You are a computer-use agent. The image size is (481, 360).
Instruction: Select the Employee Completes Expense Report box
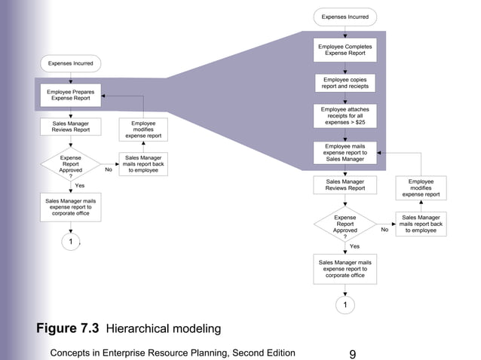coord(345,50)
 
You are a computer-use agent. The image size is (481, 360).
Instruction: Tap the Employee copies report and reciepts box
coord(345,83)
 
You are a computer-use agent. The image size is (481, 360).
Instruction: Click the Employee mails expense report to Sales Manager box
coord(345,151)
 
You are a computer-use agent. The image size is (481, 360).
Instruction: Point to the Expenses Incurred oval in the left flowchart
coord(70,63)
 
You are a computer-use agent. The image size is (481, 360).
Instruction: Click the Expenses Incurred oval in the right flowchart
coord(345,16)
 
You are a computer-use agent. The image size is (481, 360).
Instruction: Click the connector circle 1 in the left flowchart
coord(70,242)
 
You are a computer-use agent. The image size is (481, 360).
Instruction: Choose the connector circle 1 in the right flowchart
coord(345,305)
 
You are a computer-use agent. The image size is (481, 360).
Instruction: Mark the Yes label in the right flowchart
coord(354,246)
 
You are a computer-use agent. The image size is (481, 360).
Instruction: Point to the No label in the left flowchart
coord(109,170)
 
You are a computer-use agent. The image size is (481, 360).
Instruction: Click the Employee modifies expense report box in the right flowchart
coord(421,188)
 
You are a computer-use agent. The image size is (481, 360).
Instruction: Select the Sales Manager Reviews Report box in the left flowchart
coord(70,126)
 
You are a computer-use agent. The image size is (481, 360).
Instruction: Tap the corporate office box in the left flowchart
coord(70,206)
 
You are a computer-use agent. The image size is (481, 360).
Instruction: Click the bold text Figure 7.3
coord(69,328)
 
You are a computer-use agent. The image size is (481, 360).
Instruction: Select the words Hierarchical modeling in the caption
coord(164,329)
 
